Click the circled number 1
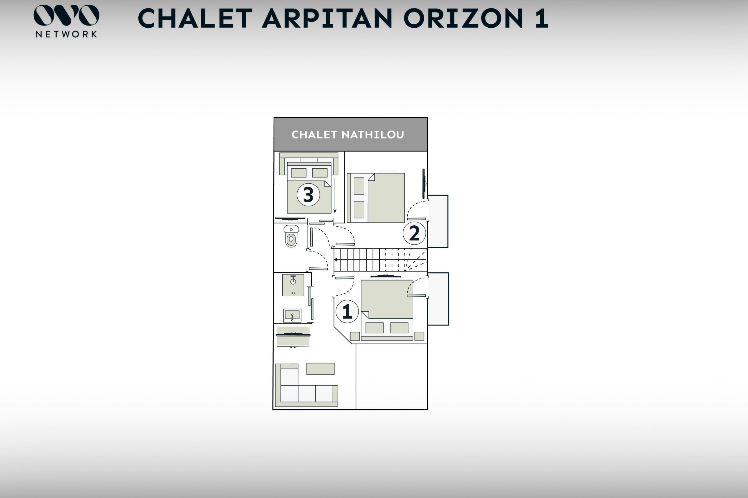(347, 311)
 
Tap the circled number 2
(414, 233)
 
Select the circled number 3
(308, 195)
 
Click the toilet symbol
(291, 236)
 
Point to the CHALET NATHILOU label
(348, 135)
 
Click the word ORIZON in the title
(463, 18)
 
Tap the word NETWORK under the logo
(66, 34)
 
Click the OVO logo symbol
(66, 15)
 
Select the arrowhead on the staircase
(336, 260)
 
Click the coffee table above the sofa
(320, 369)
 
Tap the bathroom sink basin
(292, 315)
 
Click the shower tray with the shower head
(293, 285)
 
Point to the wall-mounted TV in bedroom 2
(424, 184)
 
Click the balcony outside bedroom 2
(438, 221)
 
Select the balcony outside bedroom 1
(438, 299)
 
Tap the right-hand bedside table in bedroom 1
(419, 336)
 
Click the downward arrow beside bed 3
(334, 195)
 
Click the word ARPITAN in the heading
(327, 18)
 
